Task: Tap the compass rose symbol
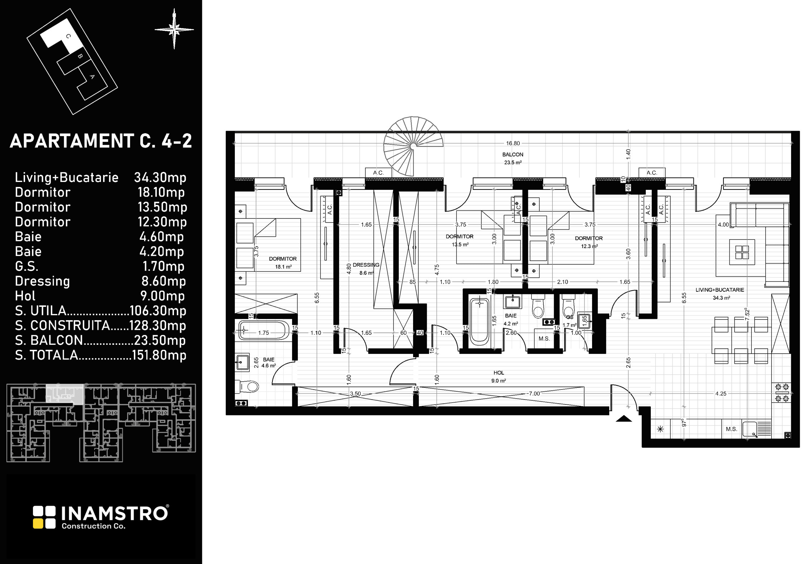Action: point(174,29)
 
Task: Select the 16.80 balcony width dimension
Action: point(513,143)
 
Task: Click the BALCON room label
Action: point(513,155)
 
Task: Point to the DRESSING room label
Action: point(366,265)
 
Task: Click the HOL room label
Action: point(499,373)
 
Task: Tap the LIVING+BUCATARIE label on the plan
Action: point(720,290)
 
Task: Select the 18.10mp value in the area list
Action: point(161,192)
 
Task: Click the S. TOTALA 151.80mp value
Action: point(159,355)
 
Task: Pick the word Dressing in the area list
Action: point(42,281)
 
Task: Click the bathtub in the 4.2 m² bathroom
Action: point(480,322)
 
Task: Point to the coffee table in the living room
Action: point(742,252)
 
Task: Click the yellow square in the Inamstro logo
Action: point(38,524)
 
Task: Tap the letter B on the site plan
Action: point(80,56)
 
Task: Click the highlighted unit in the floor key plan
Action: point(65,395)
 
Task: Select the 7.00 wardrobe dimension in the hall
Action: point(534,394)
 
